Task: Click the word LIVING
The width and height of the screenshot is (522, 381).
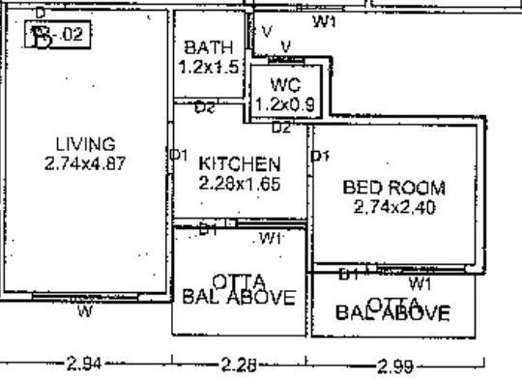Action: pos(85,145)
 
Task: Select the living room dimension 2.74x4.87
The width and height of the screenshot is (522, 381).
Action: pos(85,163)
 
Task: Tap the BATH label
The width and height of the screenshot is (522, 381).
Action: pos(208,47)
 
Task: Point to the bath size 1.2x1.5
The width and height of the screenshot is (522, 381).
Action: pos(208,67)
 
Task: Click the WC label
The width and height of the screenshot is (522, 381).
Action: pos(286,83)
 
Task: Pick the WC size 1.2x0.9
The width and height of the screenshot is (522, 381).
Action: pos(285,103)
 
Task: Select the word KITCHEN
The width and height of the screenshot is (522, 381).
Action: pos(240,164)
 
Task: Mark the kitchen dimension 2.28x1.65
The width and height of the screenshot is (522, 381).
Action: pos(240,183)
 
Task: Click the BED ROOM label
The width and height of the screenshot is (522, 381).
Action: pos(394,188)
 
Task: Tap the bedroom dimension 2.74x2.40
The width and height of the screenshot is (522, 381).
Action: pos(394,207)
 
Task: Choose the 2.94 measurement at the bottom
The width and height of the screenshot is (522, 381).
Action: pos(85,366)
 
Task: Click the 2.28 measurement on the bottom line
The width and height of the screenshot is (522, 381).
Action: pos(239,366)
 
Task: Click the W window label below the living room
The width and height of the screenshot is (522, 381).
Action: pos(85,311)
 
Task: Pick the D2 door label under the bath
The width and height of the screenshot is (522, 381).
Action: pos(204,108)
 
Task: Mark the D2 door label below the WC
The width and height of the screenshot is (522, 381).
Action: pos(281,127)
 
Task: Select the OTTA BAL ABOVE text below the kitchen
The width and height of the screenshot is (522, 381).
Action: pos(239,288)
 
